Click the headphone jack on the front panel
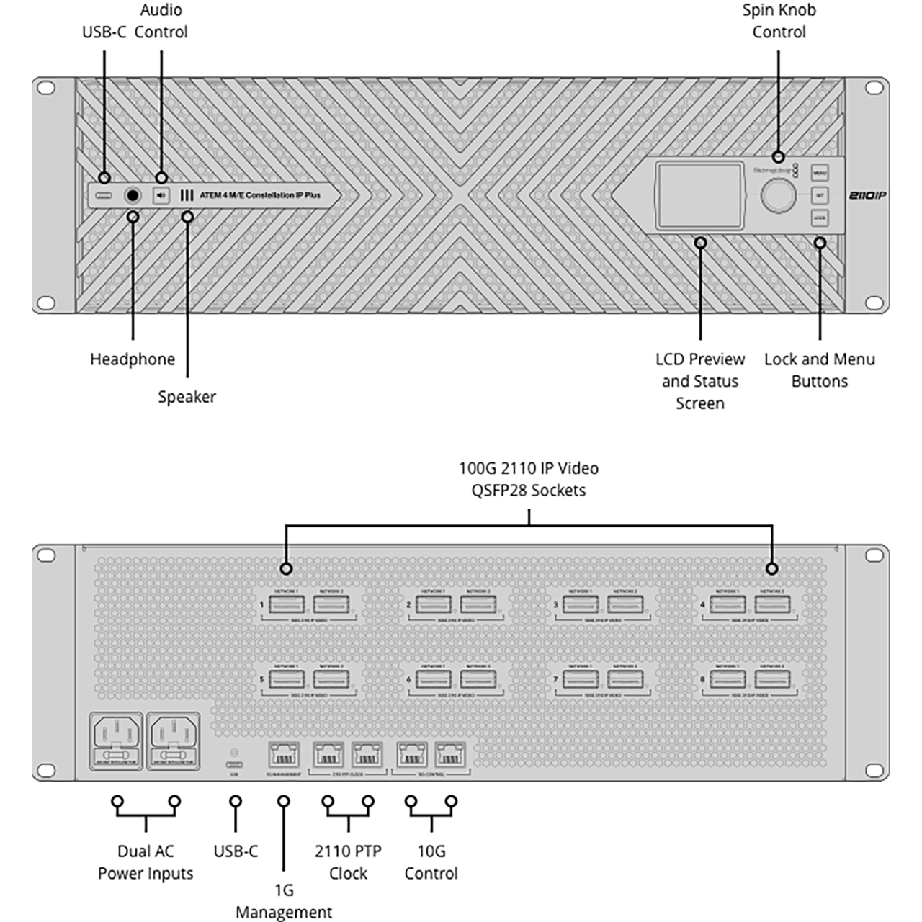(133, 195)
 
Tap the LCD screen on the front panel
(699, 194)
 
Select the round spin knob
(779, 195)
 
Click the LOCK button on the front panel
(820, 218)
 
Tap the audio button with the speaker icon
(161, 195)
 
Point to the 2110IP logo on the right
(867, 195)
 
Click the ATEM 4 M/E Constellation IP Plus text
(260, 195)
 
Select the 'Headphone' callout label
(133, 359)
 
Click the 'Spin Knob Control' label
(779, 21)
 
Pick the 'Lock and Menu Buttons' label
(820, 370)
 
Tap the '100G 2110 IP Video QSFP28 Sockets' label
(529, 479)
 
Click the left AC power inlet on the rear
(115, 740)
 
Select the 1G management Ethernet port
(283, 756)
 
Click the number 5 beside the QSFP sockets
(262, 679)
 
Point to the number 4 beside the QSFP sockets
(703, 604)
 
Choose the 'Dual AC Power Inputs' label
(146, 862)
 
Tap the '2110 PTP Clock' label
(348, 862)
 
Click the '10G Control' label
(431, 862)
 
